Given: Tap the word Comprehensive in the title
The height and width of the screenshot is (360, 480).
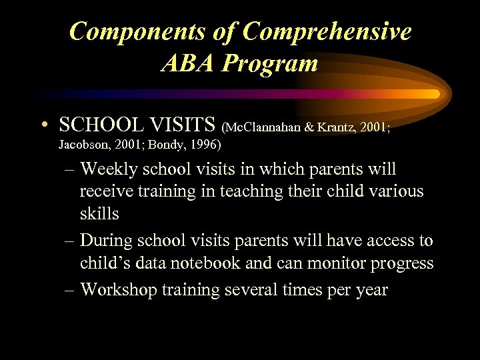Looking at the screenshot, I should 328,31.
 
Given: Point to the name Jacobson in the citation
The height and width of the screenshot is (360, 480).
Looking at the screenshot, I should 81,144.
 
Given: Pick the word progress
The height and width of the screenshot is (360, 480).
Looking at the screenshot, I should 399,263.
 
